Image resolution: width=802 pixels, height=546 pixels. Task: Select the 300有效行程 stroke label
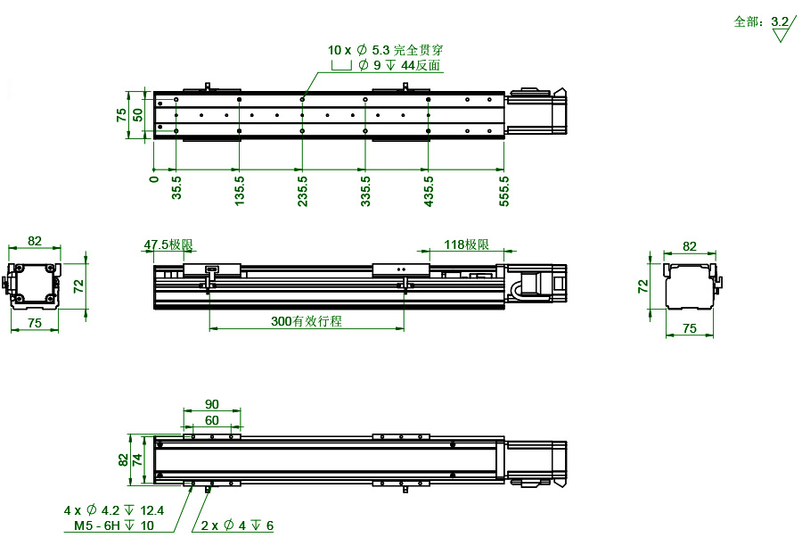[307, 321]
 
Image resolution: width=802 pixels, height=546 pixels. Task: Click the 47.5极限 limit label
[168, 244]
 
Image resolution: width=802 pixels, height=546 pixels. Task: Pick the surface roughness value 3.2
[780, 21]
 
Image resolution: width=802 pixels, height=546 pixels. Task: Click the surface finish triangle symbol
[782, 36]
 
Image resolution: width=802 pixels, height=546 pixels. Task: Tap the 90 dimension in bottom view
[211, 404]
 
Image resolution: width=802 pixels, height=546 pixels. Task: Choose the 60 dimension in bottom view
[211, 419]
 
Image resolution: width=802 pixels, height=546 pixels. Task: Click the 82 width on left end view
[35, 241]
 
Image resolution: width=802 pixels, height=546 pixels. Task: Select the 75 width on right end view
[689, 328]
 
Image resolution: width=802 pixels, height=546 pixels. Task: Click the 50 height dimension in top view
[138, 114]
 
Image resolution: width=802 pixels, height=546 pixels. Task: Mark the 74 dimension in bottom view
[138, 460]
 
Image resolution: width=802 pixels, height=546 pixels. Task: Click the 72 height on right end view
[643, 285]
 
